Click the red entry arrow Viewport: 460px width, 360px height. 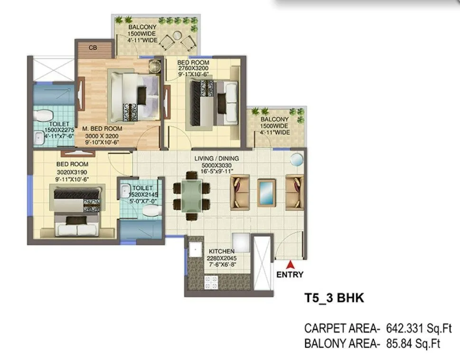click(x=290, y=265)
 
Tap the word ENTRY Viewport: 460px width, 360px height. click(x=290, y=274)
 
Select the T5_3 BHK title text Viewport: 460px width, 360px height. click(x=334, y=298)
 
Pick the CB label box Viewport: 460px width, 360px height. click(x=94, y=48)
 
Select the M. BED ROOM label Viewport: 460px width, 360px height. click(x=102, y=129)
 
